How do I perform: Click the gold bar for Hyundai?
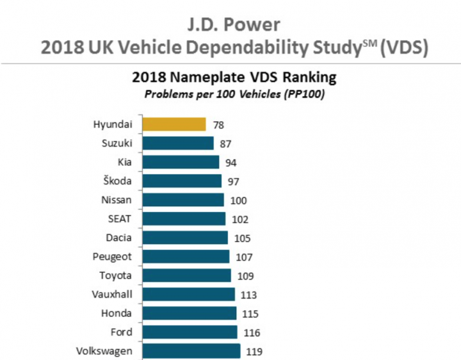coord(174,124)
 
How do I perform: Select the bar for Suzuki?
coord(177,143)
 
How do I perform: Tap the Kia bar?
coord(180,162)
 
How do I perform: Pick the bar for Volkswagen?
coord(191,351)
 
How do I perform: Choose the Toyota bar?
coord(186,275)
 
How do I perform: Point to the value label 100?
coord(238,200)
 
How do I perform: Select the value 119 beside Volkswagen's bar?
coord(254,351)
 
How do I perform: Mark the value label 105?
coord(240,238)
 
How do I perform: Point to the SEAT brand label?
coord(120,218)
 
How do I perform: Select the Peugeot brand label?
coord(113,256)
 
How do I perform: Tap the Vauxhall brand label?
coord(112,294)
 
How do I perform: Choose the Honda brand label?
coord(117,313)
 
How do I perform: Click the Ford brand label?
coord(121,332)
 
